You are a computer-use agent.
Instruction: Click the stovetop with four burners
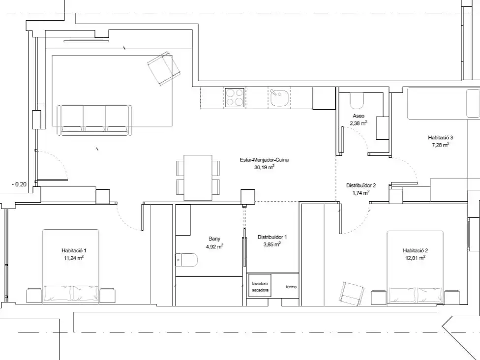235,97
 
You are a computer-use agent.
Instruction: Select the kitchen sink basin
279,98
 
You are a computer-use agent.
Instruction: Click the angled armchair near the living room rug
164,68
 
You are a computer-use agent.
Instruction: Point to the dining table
198,178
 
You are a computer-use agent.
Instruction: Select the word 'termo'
291,287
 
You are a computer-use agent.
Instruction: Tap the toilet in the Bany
187,260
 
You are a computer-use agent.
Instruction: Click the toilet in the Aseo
357,101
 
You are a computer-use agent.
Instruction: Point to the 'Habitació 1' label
74,250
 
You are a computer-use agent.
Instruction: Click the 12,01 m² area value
416,258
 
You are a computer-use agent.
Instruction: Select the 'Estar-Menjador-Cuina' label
264,160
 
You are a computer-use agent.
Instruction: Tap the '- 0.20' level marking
19,184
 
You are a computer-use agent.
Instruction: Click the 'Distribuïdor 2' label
361,185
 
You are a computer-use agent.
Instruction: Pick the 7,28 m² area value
441,145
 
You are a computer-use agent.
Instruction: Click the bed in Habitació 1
71,267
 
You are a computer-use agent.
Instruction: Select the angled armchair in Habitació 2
352,294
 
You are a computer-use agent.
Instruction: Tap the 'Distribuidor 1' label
272,237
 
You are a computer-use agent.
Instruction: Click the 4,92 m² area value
214,246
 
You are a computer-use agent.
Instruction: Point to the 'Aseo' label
359,116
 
